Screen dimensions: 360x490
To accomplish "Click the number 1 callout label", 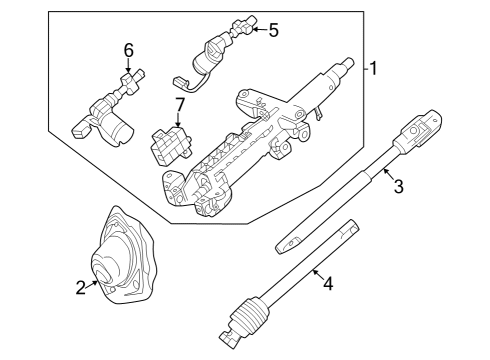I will coord(374,69).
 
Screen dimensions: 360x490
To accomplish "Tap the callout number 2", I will coord(81,288).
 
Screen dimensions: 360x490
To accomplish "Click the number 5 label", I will coord(273,29).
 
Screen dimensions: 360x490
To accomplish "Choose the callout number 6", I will coord(128,50).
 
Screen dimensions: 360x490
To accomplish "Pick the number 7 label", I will coord(180,103).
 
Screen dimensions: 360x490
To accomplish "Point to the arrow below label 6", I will coord(128,66).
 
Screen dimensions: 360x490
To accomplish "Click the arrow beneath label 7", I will coord(178,120).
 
